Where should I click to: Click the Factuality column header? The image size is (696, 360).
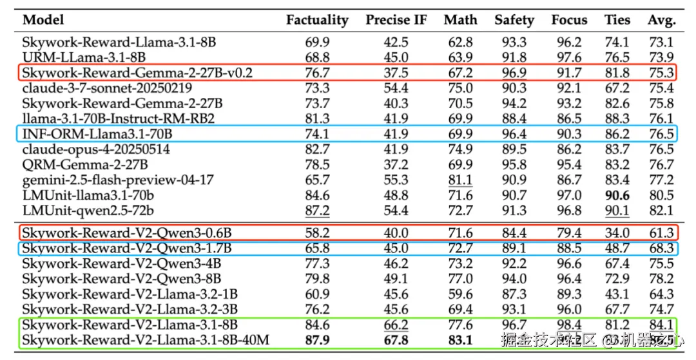coord(317,20)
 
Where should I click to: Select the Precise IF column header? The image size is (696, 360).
coord(396,20)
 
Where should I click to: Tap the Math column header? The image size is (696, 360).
coord(460,20)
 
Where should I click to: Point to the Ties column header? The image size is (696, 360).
coord(617,20)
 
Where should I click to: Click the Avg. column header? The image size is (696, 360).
coord(661,20)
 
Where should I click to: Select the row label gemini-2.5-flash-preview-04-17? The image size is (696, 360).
coord(118,180)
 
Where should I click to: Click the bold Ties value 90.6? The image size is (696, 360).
coord(617,195)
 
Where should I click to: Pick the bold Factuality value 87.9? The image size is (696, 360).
coord(317,339)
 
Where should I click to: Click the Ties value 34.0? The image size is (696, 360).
coord(617,232)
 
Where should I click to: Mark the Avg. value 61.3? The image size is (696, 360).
coord(661,232)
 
